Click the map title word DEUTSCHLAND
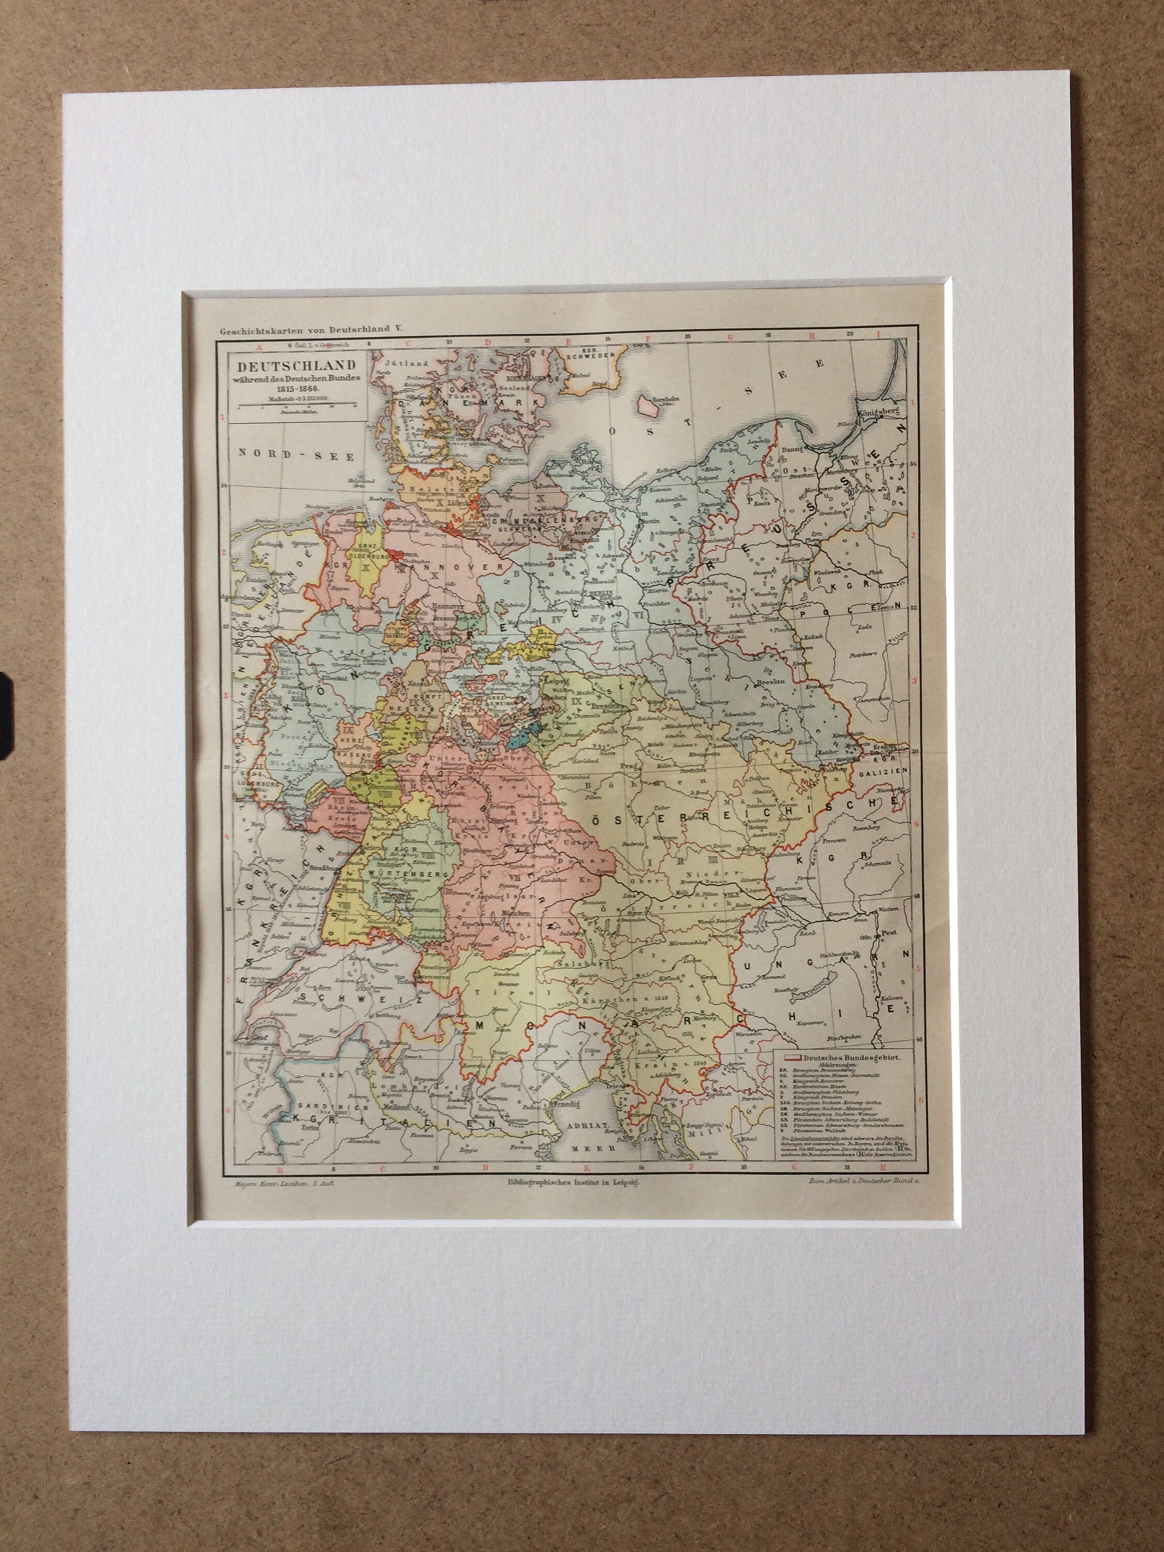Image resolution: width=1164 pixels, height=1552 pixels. pos(295,366)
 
